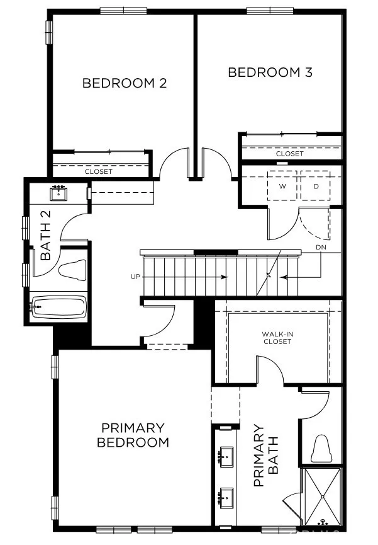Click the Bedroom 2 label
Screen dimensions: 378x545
(125, 83)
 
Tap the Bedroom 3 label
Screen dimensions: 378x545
(270, 72)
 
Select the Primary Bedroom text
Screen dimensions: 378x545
(133, 435)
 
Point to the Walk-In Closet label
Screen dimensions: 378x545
(277, 338)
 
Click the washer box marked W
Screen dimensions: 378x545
(282, 186)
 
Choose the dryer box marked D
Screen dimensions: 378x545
(315, 186)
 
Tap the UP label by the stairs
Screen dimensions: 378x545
(135, 277)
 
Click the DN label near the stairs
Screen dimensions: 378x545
(321, 248)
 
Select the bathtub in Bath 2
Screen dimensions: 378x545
(58, 307)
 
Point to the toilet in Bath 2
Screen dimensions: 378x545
(72, 270)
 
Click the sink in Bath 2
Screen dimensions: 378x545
(58, 193)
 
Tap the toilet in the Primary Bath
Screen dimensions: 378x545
(320, 449)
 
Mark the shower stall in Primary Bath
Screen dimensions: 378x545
(321, 496)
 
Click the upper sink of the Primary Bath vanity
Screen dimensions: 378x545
(226, 457)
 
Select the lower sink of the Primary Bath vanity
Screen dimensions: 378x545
(226, 498)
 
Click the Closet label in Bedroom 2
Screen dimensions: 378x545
(99, 172)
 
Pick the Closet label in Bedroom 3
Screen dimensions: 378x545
(290, 154)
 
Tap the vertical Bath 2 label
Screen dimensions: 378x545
(45, 235)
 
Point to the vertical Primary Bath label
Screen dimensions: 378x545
(266, 455)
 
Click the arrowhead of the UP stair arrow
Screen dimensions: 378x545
(225, 277)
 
